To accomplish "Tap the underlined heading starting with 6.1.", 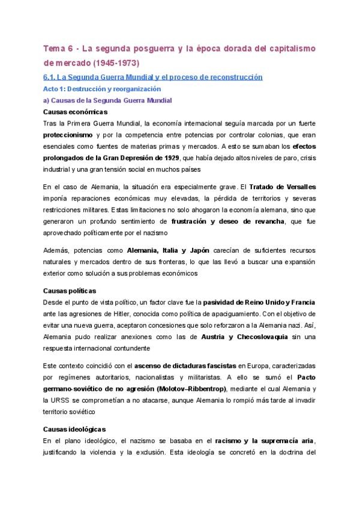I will [154, 77].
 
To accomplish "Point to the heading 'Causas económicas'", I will [76, 112].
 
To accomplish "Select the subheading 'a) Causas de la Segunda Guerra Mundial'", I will [108, 100].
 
